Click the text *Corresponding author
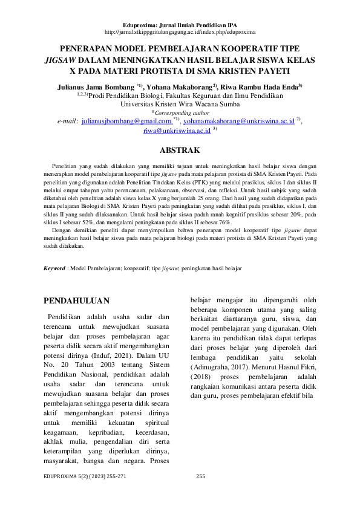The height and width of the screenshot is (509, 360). pyautogui.click(x=180, y=112)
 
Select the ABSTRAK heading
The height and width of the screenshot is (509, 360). pyautogui.click(x=180, y=149)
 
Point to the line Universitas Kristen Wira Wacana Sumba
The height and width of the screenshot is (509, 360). pyautogui.click(x=180, y=104)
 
